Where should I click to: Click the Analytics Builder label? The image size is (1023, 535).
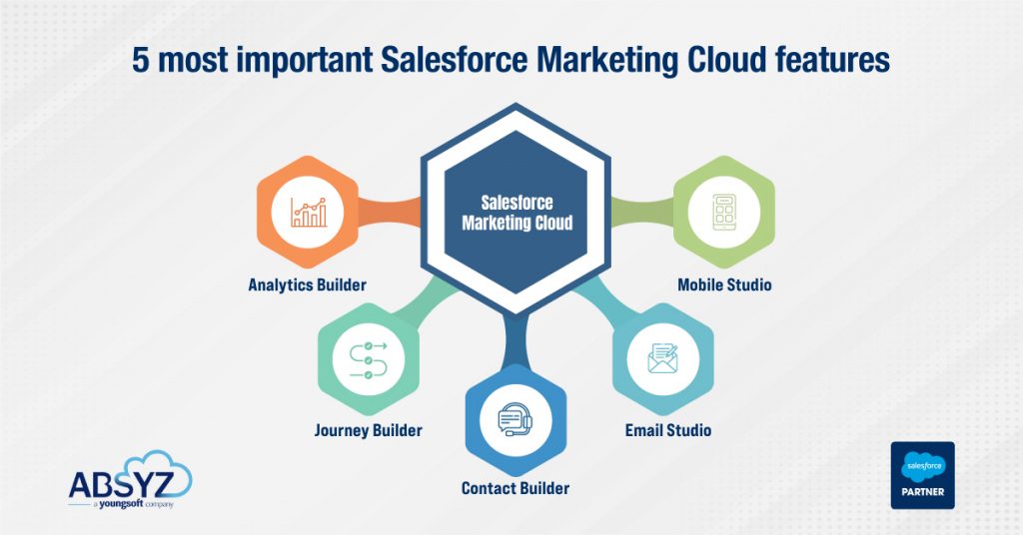(307, 284)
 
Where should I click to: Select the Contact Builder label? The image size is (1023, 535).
(515, 488)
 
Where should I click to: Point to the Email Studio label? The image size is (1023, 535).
(668, 430)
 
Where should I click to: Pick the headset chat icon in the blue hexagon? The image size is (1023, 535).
(516, 419)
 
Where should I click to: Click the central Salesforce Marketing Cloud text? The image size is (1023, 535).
(516, 213)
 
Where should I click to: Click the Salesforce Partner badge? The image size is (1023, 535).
(921, 475)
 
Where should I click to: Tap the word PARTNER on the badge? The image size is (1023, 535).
(921, 493)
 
